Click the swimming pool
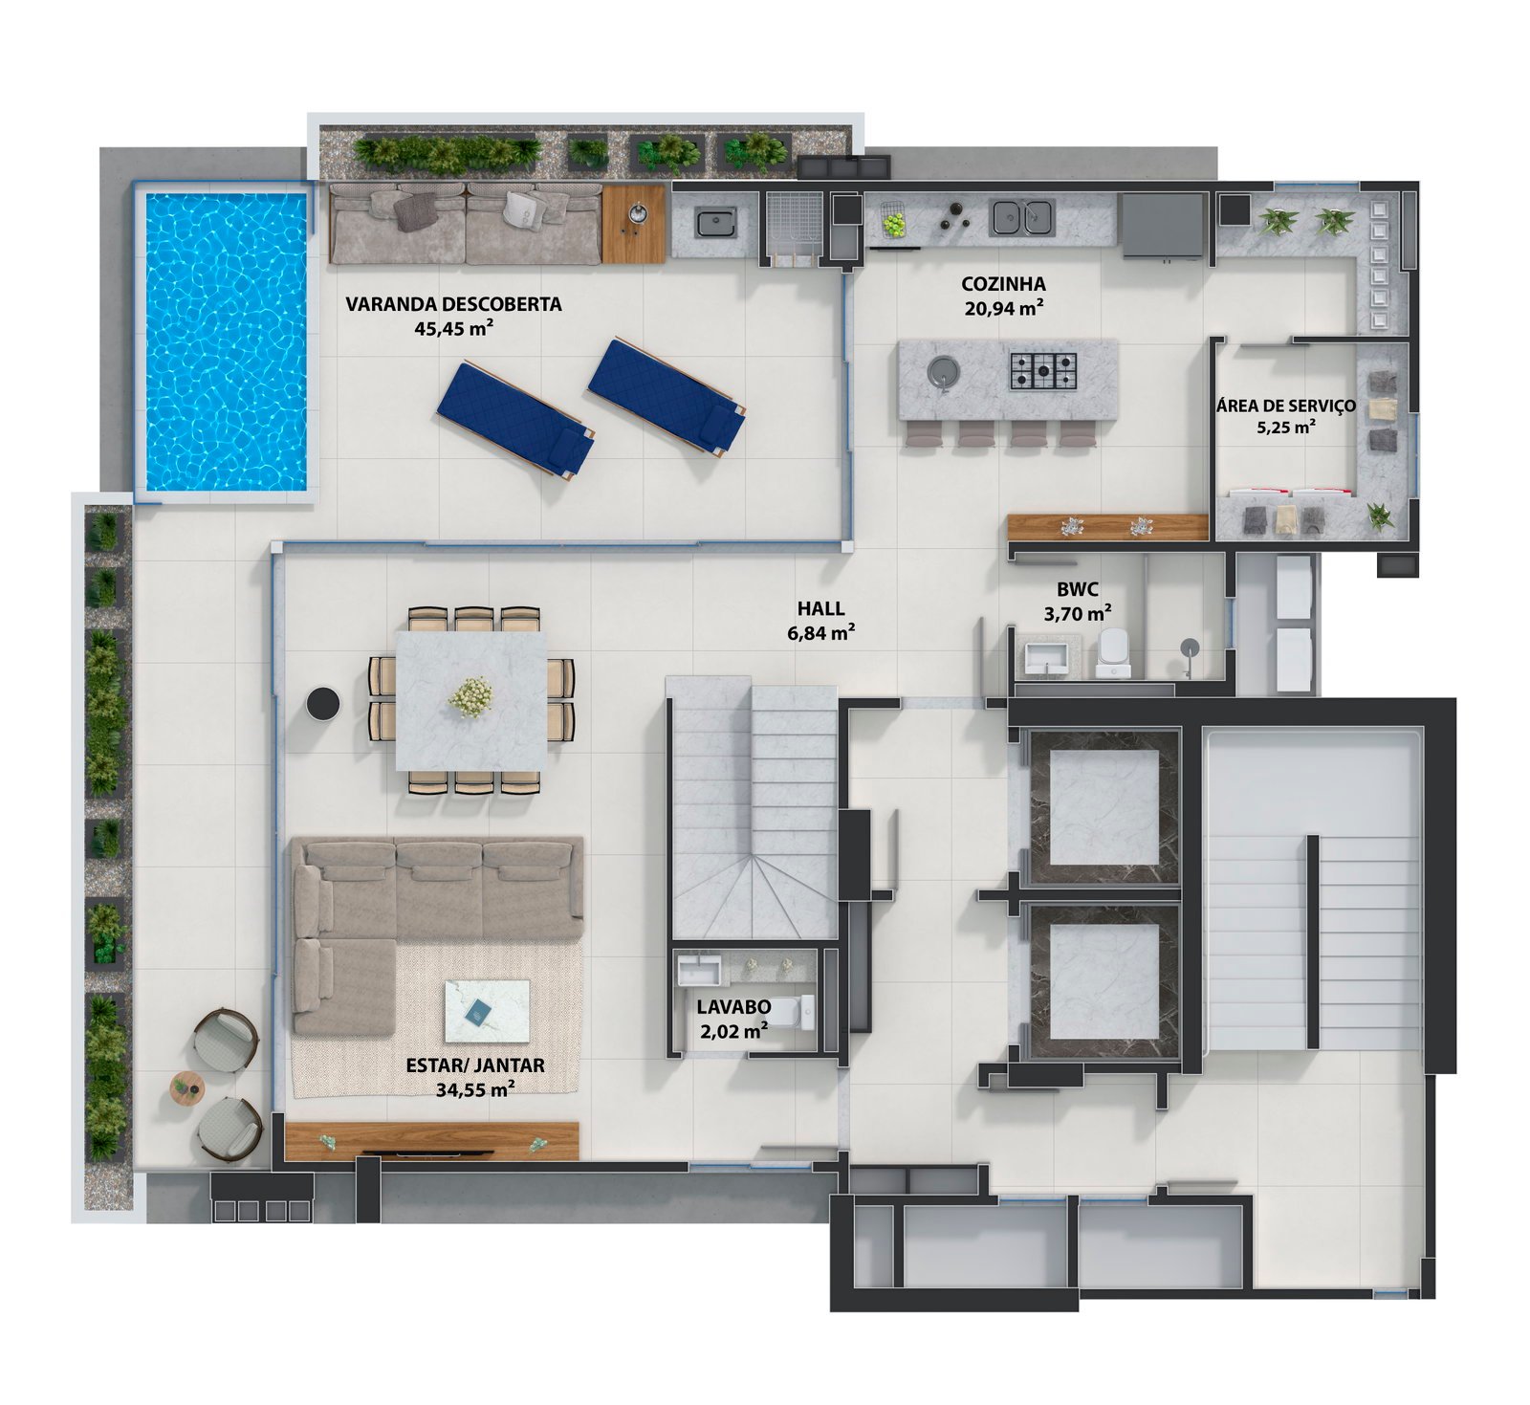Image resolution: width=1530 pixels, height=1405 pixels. [x=226, y=341]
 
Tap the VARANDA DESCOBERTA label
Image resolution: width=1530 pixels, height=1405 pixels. [x=453, y=304]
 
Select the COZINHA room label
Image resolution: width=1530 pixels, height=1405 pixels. [x=1003, y=283]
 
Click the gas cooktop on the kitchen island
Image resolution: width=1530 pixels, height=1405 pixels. [x=1043, y=371]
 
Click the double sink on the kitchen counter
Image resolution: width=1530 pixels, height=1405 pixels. [x=1021, y=217]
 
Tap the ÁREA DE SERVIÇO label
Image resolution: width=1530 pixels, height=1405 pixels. [x=1286, y=406]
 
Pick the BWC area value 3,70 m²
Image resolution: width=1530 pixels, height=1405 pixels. [x=1077, y=613]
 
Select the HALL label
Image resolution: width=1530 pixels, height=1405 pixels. [x=821, y=608]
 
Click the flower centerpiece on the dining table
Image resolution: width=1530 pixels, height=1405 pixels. [x=471, y=695]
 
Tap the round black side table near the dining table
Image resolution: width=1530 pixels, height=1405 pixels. [x=323, y=704]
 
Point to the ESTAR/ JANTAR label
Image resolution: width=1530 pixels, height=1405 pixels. [x=475, y=1065]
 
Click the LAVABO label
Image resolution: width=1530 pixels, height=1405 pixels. [x=733, y=1006]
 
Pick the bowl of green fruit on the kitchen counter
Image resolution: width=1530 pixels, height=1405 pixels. [x=893, y=225]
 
